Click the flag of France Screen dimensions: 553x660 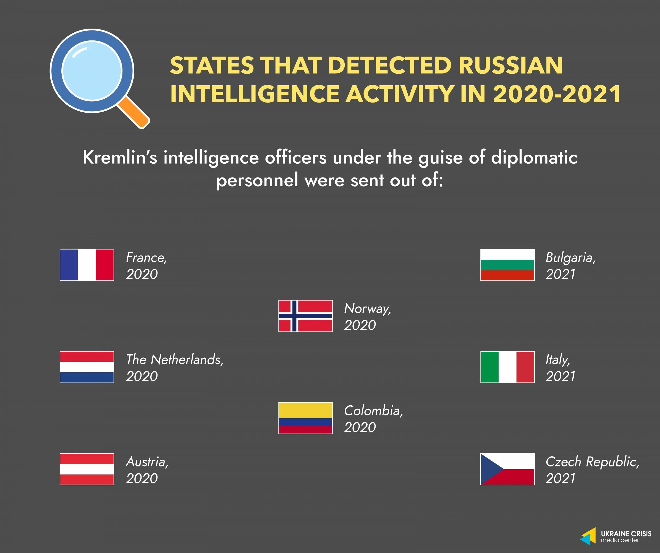(x=87, y=265)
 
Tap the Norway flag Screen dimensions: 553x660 (x=305, y=316)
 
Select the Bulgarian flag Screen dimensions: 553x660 (x=507, y=265)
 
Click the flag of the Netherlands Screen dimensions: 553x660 (x=87, y=367)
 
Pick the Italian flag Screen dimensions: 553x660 (x=507, y=367)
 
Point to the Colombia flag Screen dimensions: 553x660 (x=305, y=418)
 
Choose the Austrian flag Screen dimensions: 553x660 (x=87, y=469)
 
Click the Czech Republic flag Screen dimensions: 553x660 (x=507, y=469)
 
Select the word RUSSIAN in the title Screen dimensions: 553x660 (x=510, y=66)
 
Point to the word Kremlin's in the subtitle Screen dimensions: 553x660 (x=120, y=157)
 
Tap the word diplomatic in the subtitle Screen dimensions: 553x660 (x=534, y=157)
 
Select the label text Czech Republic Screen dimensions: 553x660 (x=592, y=462)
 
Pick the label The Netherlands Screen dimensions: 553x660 (x=175, y=360)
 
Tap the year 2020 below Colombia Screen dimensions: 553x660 (x=360, y=427)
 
